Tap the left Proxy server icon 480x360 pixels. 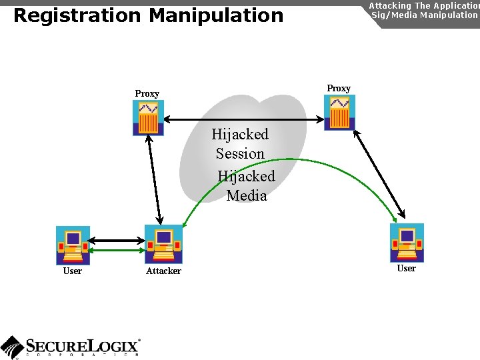click(x=148, y=118)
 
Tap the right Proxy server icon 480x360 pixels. click(x=339, y=112)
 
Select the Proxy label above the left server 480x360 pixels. click(x=147, y=93)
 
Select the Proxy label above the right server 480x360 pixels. click(x=339, y=88)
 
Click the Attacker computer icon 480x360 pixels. click(x=163, y=245)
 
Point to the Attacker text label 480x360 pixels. click(x=163, y=271)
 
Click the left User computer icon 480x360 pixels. click(x=73, y=245)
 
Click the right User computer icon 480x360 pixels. click(x=407, y=243)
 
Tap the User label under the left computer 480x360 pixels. click(x=72, y=271)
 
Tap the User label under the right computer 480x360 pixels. click(x=406, y=268)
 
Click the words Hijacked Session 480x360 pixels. click(x=240, y=144)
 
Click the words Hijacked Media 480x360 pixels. click(x=246, y=186)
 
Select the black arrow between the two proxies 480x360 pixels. click(x=243, y=120)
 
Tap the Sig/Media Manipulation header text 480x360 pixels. click(x=424, y=14)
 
